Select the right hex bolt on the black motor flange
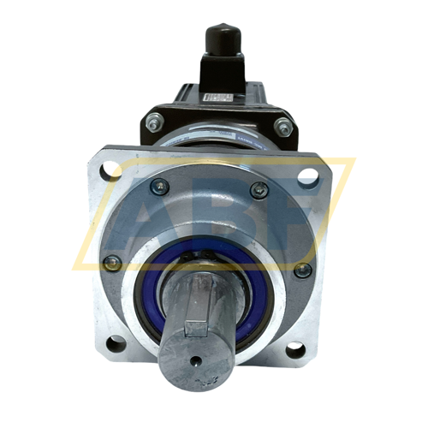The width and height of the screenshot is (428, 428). [x=284, y=126]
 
